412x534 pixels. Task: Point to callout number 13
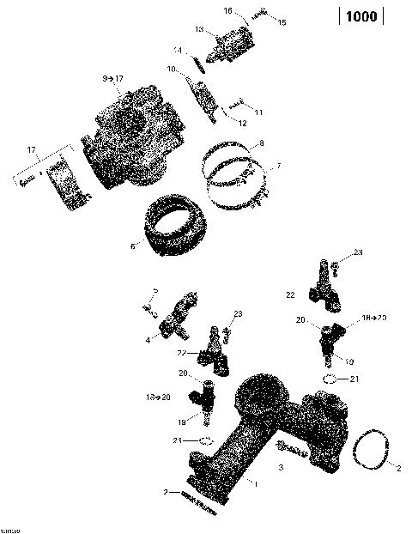198,29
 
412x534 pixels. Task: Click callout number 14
178,50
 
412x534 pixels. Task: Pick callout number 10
172,69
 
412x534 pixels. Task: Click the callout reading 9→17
112,78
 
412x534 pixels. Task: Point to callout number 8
261,142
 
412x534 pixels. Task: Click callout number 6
133,246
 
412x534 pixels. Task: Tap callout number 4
148,340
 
